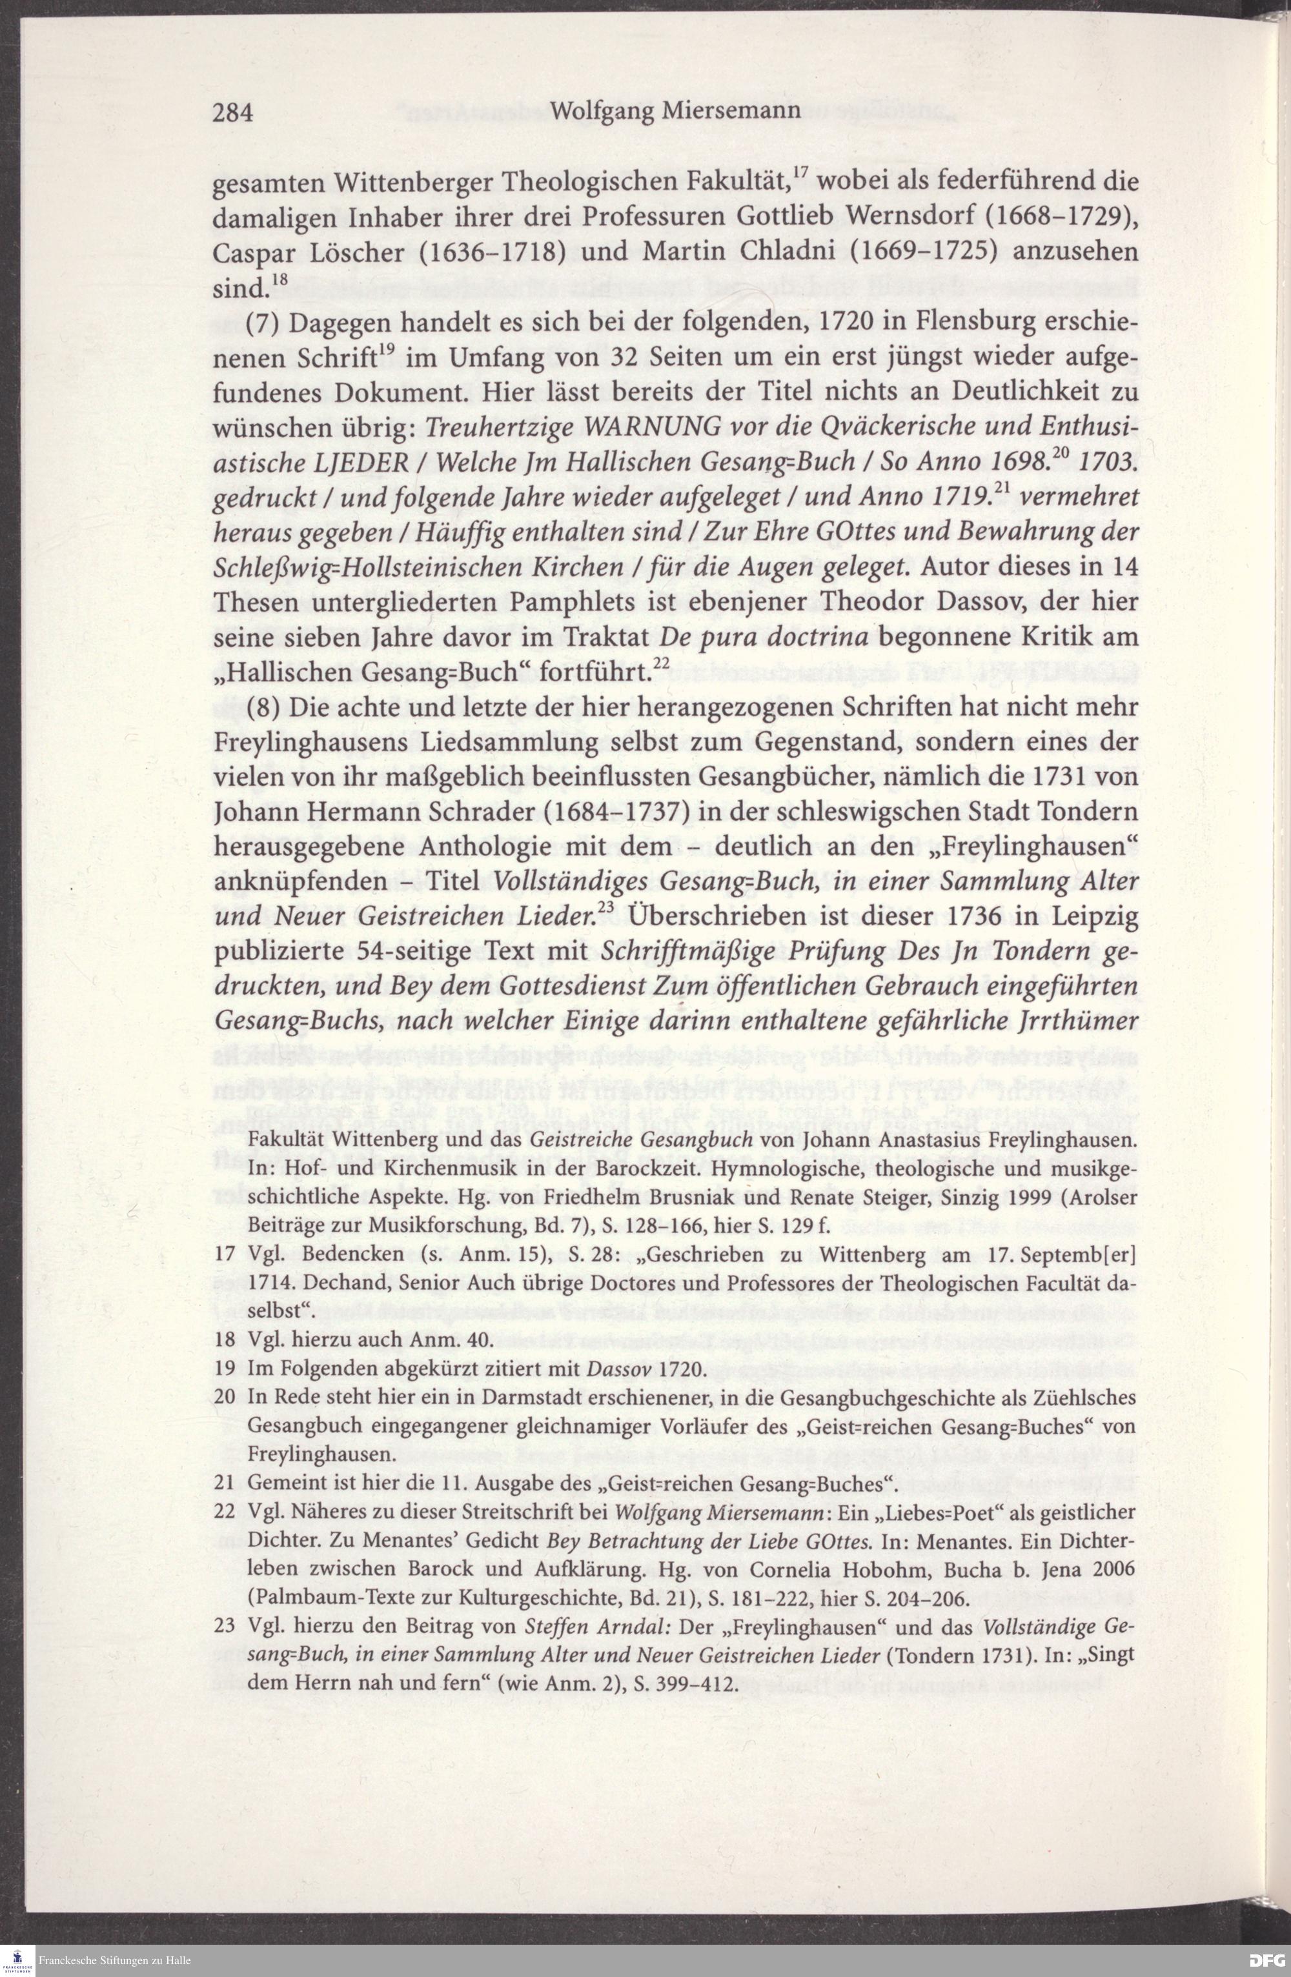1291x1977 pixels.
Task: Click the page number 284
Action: pos(234,112)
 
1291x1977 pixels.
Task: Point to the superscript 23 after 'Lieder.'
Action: pos(604,907)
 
